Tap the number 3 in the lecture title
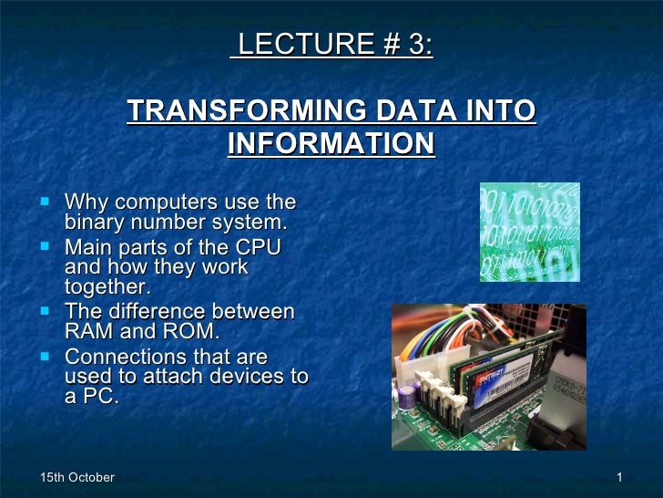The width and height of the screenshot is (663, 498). click(418, 45)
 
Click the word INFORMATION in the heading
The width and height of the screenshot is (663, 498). click(331, 144)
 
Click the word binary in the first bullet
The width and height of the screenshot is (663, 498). click(99, 222)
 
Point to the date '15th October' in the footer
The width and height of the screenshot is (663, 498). click(78, 478)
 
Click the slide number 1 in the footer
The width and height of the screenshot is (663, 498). click(618, 478)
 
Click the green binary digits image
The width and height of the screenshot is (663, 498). click(529, 232)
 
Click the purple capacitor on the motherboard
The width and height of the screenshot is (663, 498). click(408, 393)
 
